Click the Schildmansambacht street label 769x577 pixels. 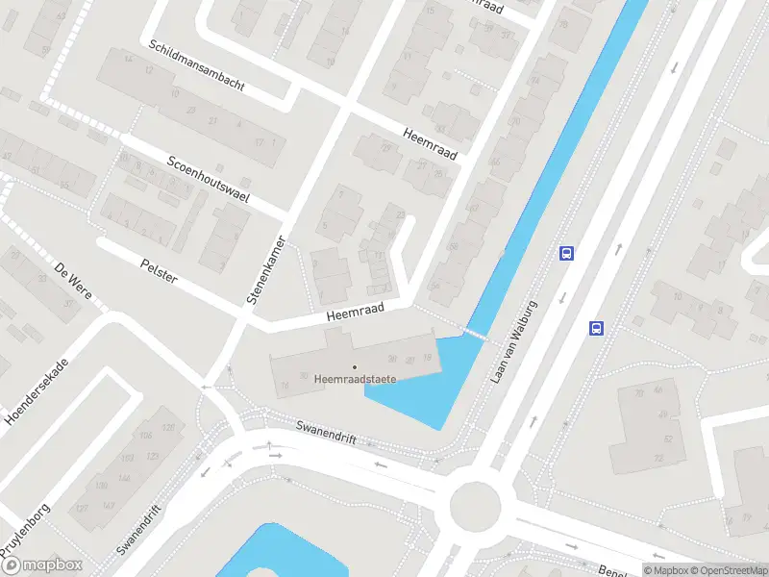(x=196, y=66)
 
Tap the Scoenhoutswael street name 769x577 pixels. (x=209, y=180)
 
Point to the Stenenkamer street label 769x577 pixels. (x=267, y=270)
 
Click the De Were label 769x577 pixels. (x=73, y=280)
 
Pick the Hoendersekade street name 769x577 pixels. (x=37, y=392)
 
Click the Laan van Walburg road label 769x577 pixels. (x=513, y=342)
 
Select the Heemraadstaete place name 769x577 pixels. (x=355, y=379)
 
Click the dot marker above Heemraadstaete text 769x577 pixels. (x=355, y=366)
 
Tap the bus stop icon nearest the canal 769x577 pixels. (x=567, y=253)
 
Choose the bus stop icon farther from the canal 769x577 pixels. (x=596, y=328)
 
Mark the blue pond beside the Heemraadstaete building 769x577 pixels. (x=433, y=385)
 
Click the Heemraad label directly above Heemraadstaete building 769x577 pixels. (x=355, y=311)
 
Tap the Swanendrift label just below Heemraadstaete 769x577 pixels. (x=326, y=432)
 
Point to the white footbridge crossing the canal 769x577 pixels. (x=473, y=332)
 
